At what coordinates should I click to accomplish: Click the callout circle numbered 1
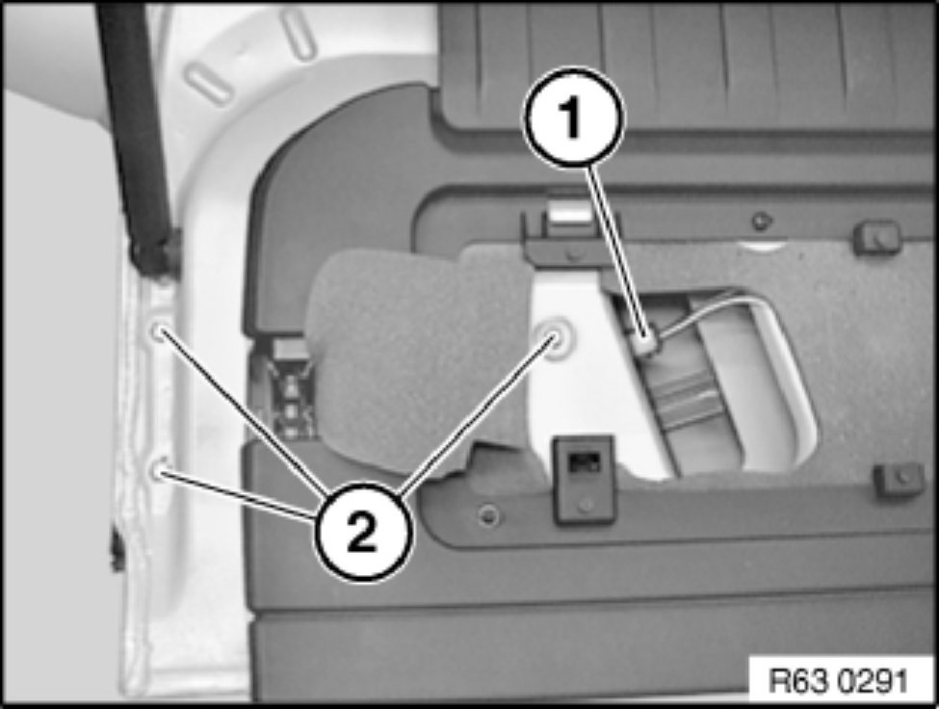tap(574, 117)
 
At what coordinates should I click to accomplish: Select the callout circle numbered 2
tap(362, 531)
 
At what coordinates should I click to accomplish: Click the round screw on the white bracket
tap(553, 339)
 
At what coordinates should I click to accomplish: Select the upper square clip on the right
tap(876, 237)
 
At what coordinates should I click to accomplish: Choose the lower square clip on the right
tap(900, 479)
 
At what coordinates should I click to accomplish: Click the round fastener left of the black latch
tap(490, 513)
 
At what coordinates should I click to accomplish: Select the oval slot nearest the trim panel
tap(297, 35)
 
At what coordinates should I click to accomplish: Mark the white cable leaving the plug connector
tap(713, 312)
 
